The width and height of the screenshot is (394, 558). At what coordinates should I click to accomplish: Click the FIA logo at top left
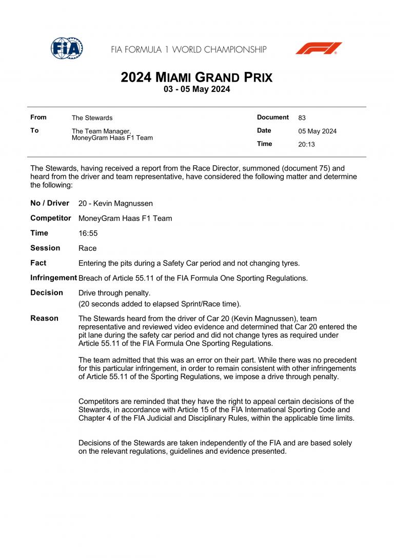click(x=67, y=48)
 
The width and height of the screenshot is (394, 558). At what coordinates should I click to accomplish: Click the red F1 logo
click(x=319, y=48)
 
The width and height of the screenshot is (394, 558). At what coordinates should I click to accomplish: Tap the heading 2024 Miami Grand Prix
click(x=196, y=78)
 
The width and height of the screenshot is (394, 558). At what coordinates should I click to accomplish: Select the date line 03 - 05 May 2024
click(x=196, y=89)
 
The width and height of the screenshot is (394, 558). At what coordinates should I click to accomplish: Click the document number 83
click(x=302, y=118)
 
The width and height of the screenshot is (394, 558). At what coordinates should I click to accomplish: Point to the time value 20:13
click(x=306, y=144)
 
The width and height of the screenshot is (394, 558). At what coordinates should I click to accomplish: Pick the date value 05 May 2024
click(x=317, y=131)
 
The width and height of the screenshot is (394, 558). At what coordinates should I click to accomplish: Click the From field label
click(x=38, y=118)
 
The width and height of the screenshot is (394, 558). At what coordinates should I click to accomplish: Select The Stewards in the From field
click(x=92, y=118)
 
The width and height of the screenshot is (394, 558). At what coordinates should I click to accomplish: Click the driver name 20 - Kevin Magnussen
click(x=115, y=203)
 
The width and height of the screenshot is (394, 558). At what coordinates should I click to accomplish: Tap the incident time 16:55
click(x=88, y=233)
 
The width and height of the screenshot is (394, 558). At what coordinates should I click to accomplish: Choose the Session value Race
click(x=87, y=248)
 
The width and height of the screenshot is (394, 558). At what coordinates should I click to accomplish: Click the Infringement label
click(x=54, y=278)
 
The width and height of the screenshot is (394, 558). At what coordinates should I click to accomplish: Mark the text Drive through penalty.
click(x=114, y=293)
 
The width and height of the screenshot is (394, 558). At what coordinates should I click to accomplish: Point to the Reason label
click(x=45, y=319)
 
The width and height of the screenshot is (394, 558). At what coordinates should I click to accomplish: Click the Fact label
click(x=38, y=263)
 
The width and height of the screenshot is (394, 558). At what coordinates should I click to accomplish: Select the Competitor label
click(x=51, y=218)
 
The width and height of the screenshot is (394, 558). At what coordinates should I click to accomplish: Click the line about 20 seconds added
click(x=160, y=304)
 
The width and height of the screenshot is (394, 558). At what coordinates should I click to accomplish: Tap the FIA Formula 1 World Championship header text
click(x=189, y=50)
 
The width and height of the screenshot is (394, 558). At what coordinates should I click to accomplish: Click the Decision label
click(x=47, y=293)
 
